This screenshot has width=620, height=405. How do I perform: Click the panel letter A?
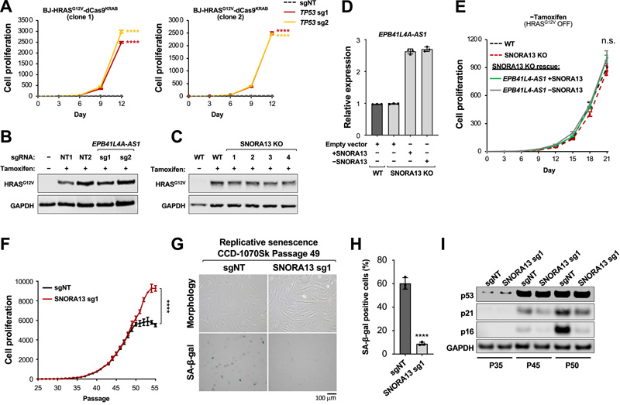[x=6, y=7]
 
